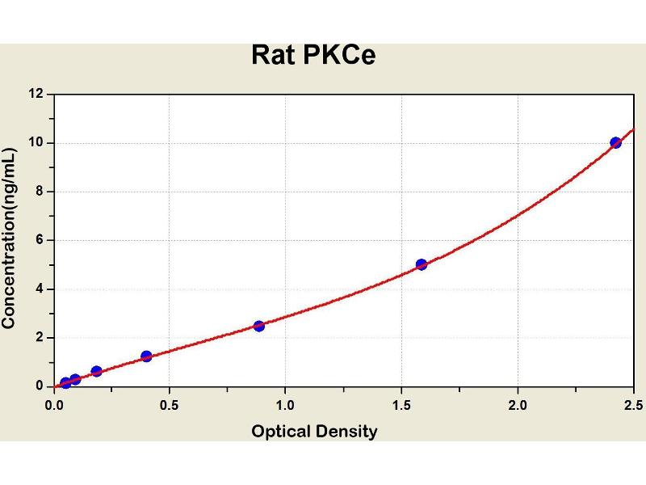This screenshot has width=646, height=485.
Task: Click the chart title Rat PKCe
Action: [313, 55]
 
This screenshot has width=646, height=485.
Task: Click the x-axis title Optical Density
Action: [314, 432]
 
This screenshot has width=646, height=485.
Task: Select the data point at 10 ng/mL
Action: [616, 142]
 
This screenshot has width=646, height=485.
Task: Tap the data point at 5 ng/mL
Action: [422, 264]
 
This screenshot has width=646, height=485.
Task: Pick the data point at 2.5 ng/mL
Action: [258, 326]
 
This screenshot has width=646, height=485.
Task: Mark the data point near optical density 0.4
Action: [146, 356]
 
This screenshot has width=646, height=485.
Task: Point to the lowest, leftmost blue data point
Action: [65, 383]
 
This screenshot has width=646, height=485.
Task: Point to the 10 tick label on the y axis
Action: [37, 143]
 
